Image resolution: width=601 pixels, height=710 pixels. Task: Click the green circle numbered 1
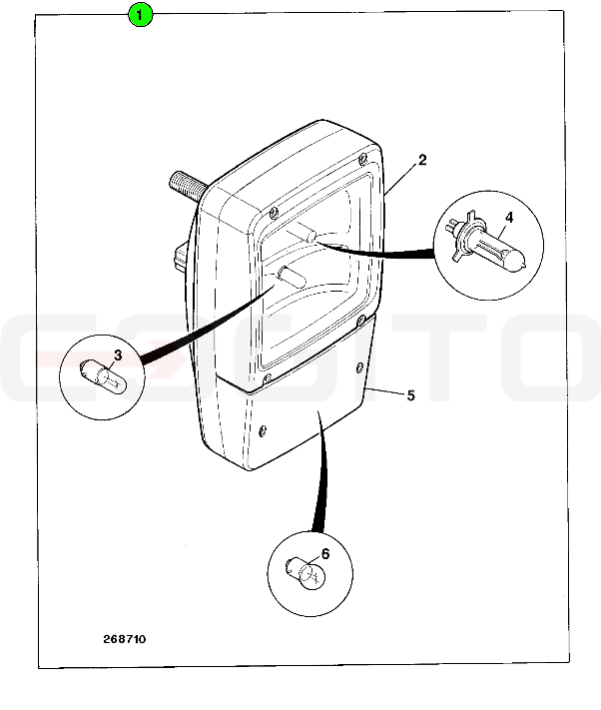140,15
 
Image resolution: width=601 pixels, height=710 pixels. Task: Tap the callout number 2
422,160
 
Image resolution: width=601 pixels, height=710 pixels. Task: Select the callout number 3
118,355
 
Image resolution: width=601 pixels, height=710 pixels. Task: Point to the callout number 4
509,218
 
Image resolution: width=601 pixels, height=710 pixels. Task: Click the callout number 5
410,395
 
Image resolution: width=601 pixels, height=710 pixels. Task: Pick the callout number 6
325,554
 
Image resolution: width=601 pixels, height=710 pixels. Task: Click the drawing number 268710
125,639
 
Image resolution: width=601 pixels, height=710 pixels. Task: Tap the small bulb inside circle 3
103,375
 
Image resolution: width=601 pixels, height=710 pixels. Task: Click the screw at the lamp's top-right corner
362,159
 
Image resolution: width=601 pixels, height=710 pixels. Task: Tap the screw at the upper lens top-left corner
273,213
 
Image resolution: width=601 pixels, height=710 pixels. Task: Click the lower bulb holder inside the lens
293,276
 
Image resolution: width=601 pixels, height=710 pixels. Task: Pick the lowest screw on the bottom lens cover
263,432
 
